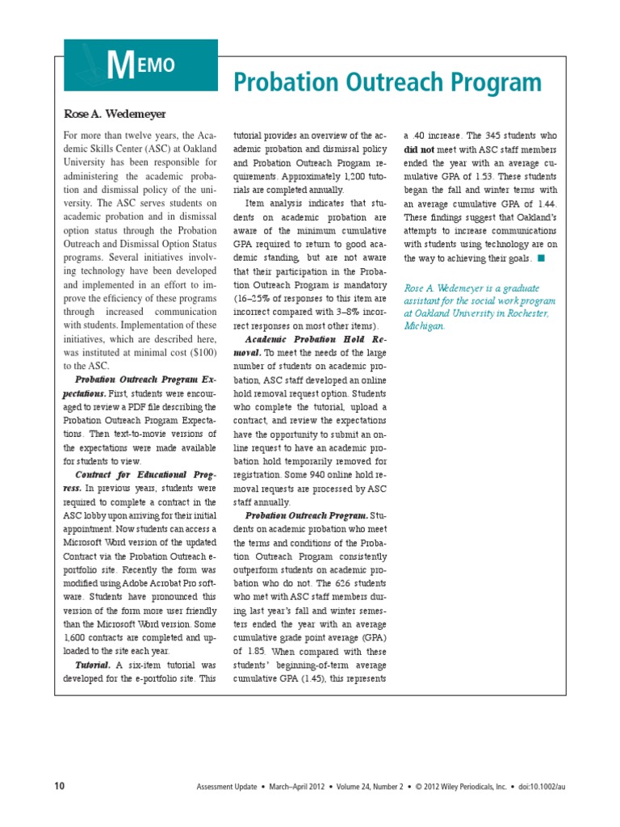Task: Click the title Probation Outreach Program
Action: (x=387, y=82)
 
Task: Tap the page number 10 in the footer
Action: (x=59, y=786)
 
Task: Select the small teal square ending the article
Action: (x=541, y=258)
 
